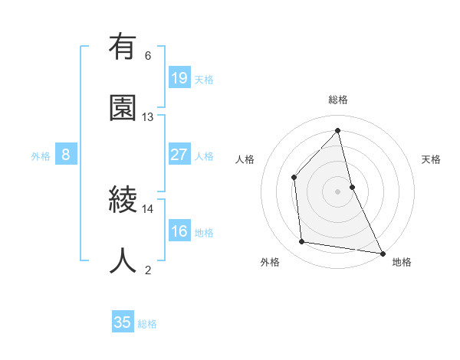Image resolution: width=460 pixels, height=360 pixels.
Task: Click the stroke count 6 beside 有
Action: [148, 56]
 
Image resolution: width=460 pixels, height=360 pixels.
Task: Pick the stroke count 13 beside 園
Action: [148, 116]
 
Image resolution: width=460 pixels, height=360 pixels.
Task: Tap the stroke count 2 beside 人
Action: [148, 269]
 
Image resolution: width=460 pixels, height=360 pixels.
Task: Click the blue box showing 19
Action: [179, 78]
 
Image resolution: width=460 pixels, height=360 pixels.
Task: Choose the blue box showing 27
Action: [179, 155]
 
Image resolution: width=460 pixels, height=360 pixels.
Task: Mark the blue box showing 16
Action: [179, 231]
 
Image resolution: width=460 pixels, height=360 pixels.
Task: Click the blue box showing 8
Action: [66, 155]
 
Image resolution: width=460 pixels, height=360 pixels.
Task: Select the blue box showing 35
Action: [123, 322]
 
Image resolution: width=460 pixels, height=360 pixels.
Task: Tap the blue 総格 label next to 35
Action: [147, 324]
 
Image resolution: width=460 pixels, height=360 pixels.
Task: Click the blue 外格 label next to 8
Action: [41, 156]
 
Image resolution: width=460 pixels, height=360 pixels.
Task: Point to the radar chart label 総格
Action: [338, 100]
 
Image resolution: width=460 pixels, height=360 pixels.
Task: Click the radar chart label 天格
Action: [431, 159]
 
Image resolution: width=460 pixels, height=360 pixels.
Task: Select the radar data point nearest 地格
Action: [382, 252]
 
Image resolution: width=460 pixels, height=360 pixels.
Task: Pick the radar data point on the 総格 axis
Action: [338, 130]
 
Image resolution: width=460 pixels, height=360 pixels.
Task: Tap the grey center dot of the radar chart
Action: [338, 191]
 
